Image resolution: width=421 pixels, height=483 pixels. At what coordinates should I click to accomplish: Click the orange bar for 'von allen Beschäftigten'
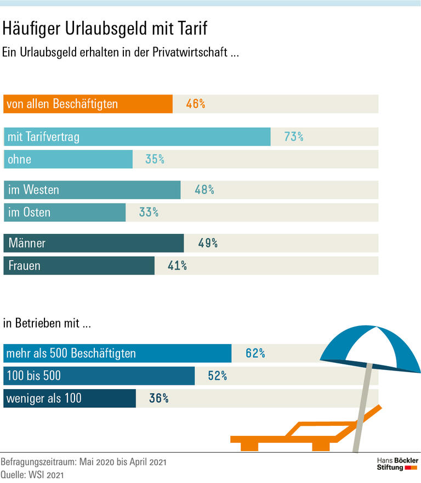[x=88, y=104]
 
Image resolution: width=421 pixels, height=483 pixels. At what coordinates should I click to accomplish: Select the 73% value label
[x=294, y=137]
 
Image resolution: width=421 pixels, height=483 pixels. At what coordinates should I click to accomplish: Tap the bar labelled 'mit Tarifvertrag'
[x=137, y=137]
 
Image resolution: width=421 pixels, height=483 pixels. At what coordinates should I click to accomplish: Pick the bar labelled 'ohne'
[x=68, y=159]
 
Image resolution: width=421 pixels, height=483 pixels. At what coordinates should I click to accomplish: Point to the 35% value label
[x=155, y=159]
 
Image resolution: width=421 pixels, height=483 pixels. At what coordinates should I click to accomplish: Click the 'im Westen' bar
[x=92, y=190]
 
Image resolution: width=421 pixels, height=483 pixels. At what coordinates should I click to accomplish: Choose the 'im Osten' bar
[x=65, y=212]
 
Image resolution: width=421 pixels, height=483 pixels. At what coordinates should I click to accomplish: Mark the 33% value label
[x=149, y=212]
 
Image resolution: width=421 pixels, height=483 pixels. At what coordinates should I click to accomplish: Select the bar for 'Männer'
[x=94, y=243]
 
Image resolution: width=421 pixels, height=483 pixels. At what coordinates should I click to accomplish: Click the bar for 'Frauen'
[x=79, y=266]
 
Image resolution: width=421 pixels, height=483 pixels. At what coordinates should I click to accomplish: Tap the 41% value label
[x=177, y=266]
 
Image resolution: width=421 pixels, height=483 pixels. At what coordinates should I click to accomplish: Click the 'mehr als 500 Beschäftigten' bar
[x=117, y=353]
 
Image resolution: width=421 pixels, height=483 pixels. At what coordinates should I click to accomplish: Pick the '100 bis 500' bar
[x=99, y=376]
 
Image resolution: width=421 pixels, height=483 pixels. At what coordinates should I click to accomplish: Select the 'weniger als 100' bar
[x=70, y=398]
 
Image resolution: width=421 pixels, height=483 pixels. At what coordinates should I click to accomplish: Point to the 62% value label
[x=255, y=353]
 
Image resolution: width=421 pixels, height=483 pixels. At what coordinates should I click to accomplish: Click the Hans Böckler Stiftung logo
[x=397, y=464]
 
